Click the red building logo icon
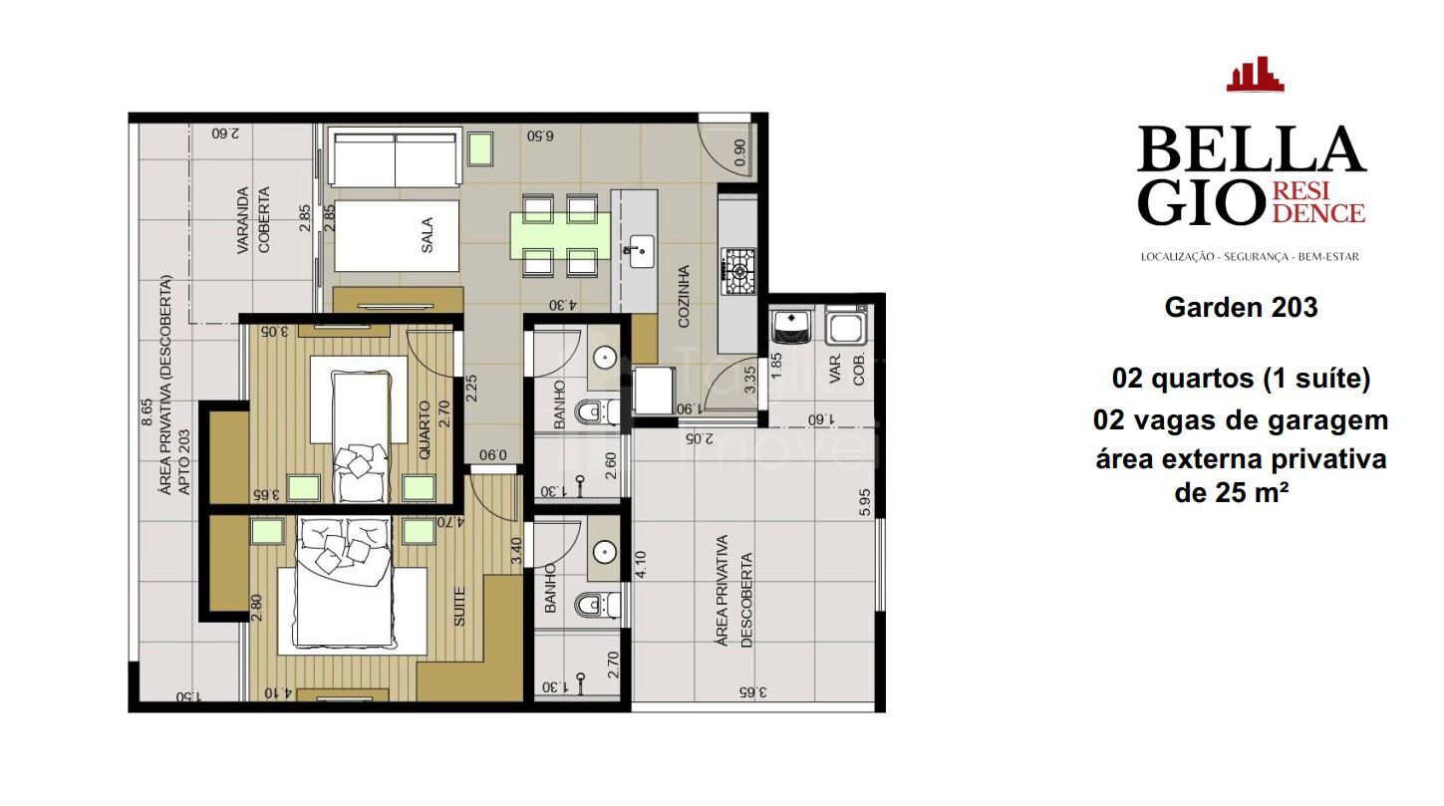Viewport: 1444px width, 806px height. tap(1255, 75)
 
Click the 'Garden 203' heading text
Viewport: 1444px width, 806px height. tap(1241, 308)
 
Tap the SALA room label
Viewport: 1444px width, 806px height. tap(427, 236)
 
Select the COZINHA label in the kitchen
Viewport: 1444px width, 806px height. tap(684, 296)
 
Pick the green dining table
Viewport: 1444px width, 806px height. tap(558, 235)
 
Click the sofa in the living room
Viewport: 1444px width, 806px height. tap(396, 156)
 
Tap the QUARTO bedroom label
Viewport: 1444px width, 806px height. tap(425, 429)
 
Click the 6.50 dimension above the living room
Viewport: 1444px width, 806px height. tap(540, 135)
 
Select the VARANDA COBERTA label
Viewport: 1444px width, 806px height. tap(253, 220)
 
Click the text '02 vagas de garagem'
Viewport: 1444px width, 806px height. tap(1240, 420)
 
